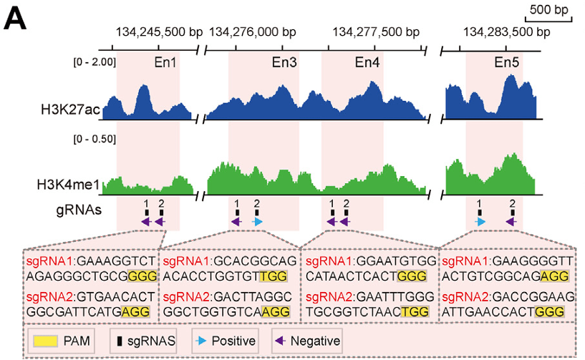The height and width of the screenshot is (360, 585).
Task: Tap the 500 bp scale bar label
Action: pyautogui.click(x=550, y=11)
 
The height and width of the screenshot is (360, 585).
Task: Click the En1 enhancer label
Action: pyautogui.click(x=166, y=62)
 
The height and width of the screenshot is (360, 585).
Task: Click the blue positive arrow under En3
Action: pyautogui.click(x=258, y=223)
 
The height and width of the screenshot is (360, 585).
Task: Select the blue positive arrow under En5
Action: pyautogui.click(x=480, y=223)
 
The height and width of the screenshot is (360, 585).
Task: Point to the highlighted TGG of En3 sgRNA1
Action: pyautogui.click(x=274, y=277)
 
